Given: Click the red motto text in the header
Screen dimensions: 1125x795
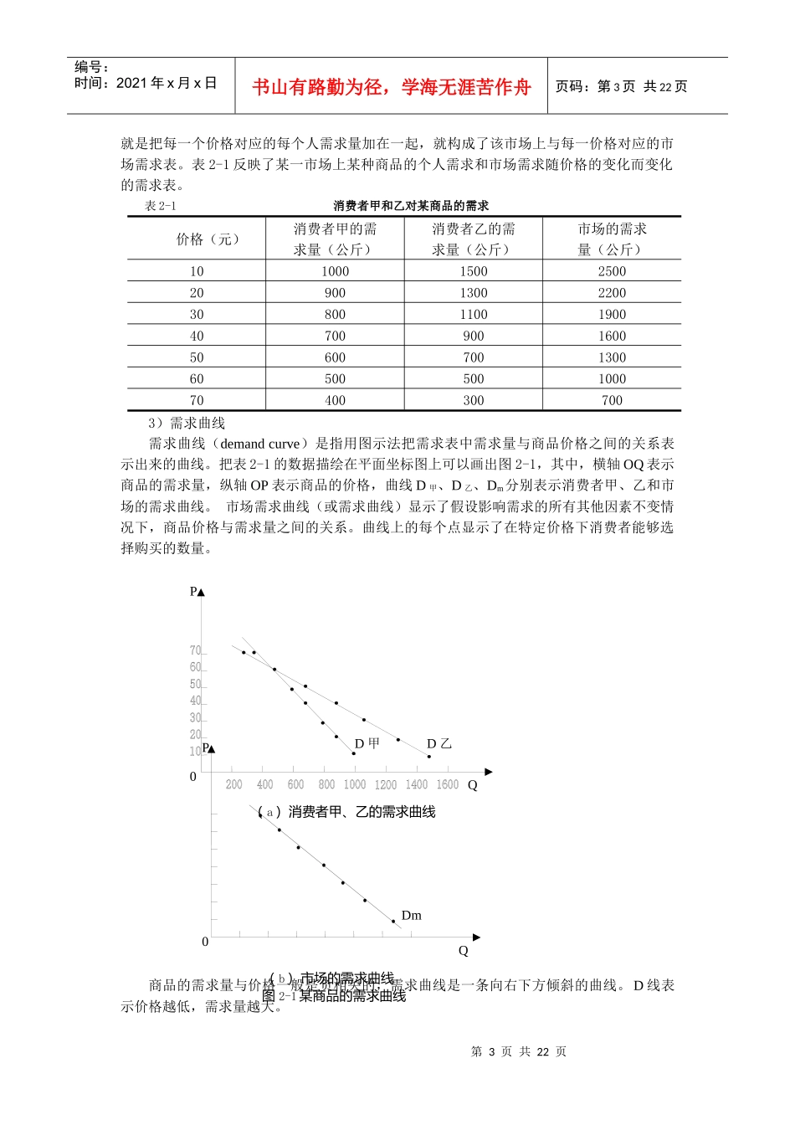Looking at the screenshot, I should coord(391,87).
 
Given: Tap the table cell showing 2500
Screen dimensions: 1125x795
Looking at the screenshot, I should coord(612,271).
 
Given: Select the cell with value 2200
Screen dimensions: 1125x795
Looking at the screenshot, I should coord(612,293).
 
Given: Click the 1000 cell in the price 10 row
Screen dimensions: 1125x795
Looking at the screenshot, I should coord(335,271).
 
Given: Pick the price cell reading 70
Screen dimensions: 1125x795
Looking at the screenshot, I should coord(197,400).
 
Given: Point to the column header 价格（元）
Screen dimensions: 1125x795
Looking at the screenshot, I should coord(208,239).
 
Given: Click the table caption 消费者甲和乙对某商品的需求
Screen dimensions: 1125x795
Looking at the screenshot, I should coord(411,205).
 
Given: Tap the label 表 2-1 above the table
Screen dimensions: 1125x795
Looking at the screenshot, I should coord(161,206).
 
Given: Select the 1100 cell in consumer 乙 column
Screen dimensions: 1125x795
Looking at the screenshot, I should coord(474,315).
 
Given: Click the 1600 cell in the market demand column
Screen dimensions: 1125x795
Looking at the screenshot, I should coord(612,336).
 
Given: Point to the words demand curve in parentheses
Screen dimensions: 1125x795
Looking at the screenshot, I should coord(259,444).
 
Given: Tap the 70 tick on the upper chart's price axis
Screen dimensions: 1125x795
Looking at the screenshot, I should coord(196,650).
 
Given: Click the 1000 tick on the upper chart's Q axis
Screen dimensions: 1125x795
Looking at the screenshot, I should coord(355,784).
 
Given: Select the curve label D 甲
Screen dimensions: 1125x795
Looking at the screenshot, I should coord(367,743).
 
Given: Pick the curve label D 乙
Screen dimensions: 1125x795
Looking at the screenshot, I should coord(439,743).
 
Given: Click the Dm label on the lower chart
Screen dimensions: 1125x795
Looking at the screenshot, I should coord(411,916).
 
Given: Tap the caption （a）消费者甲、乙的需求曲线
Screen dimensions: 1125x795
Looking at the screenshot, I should coord(346,812).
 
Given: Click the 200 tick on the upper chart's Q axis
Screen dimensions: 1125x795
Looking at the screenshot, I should coord(234,784).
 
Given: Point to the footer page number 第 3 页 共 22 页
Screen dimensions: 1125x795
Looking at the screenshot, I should coord(519,1051).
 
